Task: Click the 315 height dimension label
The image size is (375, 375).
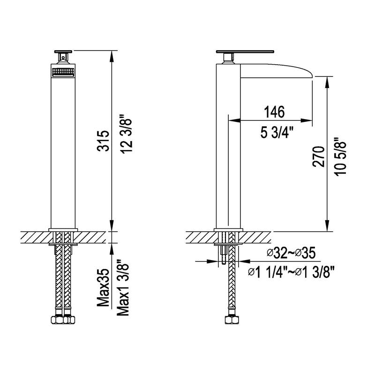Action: click(105, 141)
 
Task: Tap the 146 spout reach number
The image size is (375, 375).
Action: click(274, 112)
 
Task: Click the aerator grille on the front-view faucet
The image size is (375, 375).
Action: click(62, 73)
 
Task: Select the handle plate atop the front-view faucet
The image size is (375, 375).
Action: click(62, 51)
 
